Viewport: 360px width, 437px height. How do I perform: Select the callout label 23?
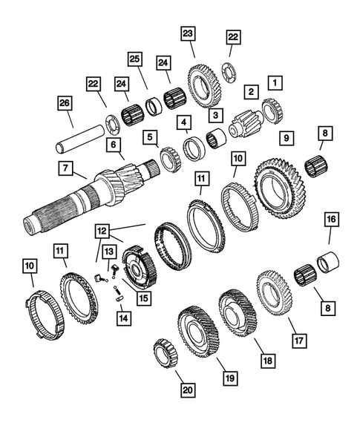186,35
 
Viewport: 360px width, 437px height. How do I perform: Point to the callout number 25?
135,59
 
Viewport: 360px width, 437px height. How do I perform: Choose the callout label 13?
108,252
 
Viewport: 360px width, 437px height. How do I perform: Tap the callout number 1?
276,82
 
